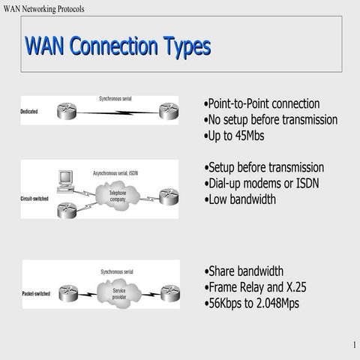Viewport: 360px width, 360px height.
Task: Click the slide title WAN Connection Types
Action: (117, 46)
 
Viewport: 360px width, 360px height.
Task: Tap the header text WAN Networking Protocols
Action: (44, 8)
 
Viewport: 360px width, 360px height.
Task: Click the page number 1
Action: (352, 345)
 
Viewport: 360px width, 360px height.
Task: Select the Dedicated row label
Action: (29, 112)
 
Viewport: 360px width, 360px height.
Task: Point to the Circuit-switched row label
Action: (34, 198)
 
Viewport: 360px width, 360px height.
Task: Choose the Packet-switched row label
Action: (37, 293)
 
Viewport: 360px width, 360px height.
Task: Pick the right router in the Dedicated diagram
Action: (168, 111)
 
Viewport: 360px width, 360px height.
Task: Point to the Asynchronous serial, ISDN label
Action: (115, 172)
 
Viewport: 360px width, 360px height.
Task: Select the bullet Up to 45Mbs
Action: (235, 136)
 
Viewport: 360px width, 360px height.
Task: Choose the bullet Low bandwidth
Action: (241, 199)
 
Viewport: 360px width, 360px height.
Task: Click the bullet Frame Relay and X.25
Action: (256, 287)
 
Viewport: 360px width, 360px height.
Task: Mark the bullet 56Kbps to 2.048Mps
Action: (252, 304)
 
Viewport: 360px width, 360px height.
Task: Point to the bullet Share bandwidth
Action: (244, 271)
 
